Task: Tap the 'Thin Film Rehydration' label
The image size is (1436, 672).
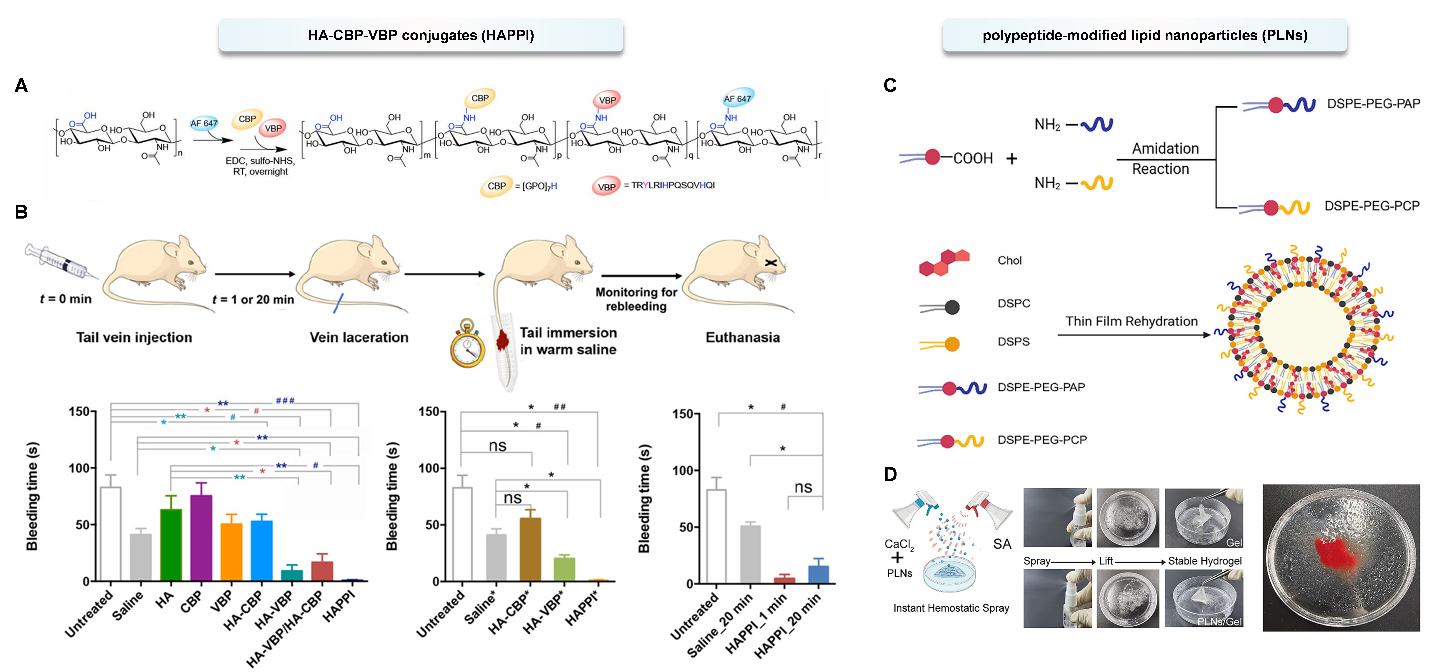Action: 1131,322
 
